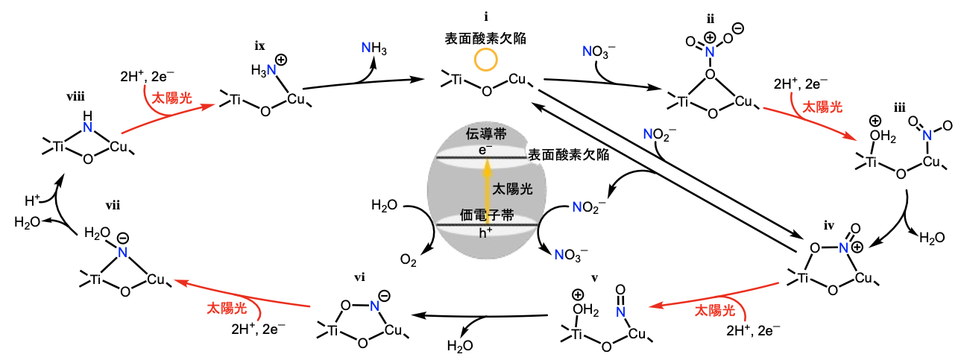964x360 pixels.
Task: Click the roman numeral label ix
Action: (259, 46)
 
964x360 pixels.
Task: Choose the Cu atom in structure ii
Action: (744, 101)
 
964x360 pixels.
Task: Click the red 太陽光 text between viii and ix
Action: (171, 98)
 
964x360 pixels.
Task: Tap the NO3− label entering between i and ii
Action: (599, 53)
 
